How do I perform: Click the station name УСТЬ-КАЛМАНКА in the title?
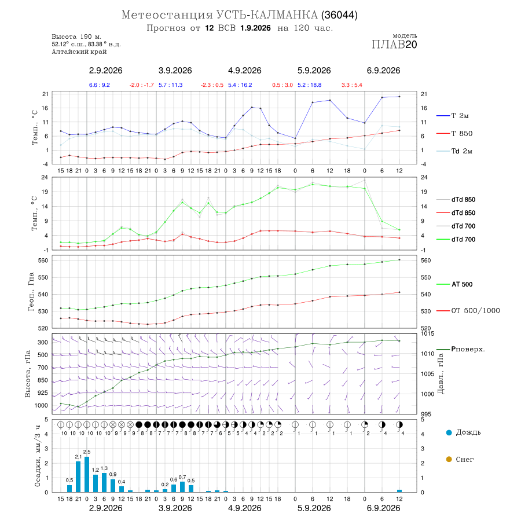[x=267, y=15]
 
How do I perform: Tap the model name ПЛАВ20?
[x=394, y=45]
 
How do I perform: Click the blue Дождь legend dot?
[x=449, y=432]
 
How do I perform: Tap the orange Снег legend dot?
[x=449, y=459]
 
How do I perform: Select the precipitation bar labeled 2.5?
[x=87, y=474]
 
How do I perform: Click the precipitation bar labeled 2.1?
[x=78, y=477]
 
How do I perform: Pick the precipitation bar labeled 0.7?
[x=182, y=487]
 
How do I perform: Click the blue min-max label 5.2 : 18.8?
[x=309, y=85]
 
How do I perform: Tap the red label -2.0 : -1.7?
[x=142, y=85]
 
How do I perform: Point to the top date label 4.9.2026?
[x=244, y=71]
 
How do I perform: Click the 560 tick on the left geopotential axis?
[x=43, y=260]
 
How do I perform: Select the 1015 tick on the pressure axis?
[x=427, y=333]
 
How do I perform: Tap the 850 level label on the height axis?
[x=42, y=380]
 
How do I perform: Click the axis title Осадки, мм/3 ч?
[x=37, y=456]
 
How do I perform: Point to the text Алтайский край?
[x=79, y=52]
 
